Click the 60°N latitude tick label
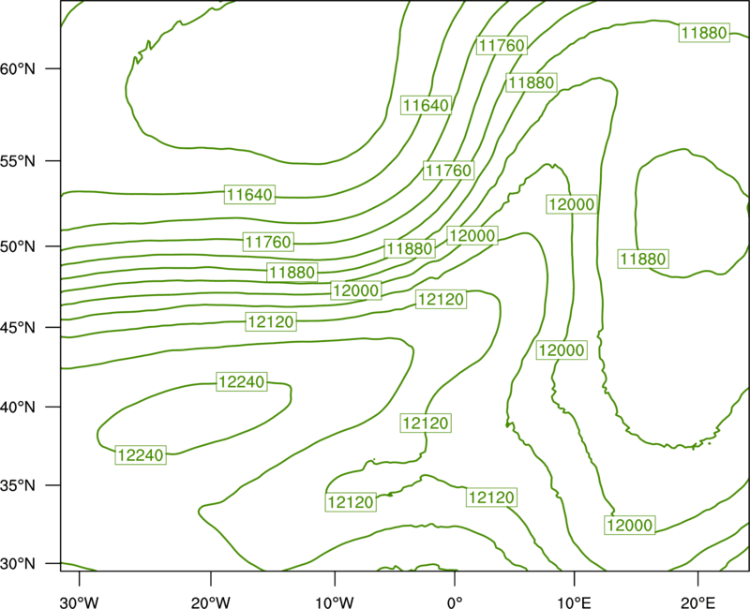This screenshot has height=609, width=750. [x=18, y=68]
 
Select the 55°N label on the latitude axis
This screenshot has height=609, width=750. [x=18, y=161]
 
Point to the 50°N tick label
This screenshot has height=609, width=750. [x=18, y=246]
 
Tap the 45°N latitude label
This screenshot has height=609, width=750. [x=18, y=327]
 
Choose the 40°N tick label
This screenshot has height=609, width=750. [x=18, y=408]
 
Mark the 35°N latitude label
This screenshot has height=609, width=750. [x=18, y=485]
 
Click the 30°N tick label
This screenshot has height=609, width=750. [x=18, y=564]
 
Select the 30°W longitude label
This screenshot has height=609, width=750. [x=80, y=602]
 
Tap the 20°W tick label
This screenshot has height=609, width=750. [x=211, y=602]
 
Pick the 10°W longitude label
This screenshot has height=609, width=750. [x=335, y=602]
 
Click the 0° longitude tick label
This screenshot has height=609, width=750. [x=455, y=602]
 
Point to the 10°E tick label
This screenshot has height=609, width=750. [x=575, y=602]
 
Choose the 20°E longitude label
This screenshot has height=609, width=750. [x=697, y=602]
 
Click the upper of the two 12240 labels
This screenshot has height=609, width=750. [x=242, y=382]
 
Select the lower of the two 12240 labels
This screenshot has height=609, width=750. [x=141, y=455]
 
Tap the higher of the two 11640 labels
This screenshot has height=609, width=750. [x=427, y=105]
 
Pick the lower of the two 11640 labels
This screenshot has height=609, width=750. [x=249, y=195]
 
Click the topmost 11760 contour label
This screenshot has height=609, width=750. [x=502, y=45]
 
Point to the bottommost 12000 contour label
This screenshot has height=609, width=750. [x=629, y=526]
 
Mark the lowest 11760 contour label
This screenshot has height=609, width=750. [x=268, y=242]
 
